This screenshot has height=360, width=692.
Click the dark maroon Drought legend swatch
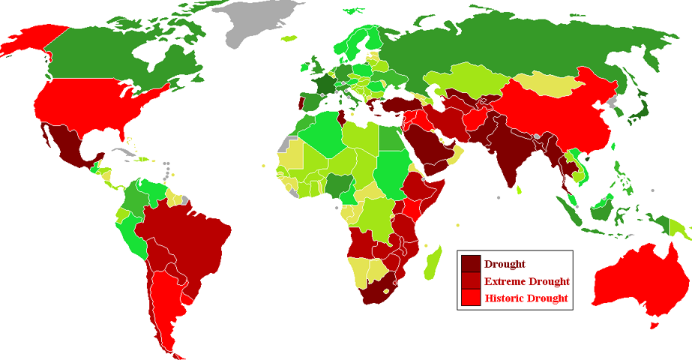471,264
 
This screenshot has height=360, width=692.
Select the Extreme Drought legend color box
471,281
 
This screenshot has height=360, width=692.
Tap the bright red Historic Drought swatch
471,298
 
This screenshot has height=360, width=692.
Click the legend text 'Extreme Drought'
526,281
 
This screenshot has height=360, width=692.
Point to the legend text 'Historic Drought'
526,298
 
